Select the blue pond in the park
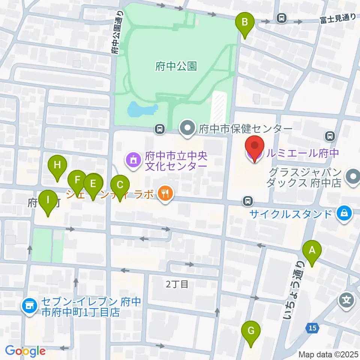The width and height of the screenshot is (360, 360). (141, 109)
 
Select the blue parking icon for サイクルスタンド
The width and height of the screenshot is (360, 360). (345, 214)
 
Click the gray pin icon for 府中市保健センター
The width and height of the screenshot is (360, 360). (186, 129)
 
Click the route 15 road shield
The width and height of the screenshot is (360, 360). (312, 328)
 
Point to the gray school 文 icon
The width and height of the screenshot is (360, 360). (345, 300)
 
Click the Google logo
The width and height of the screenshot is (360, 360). (25, 351)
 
